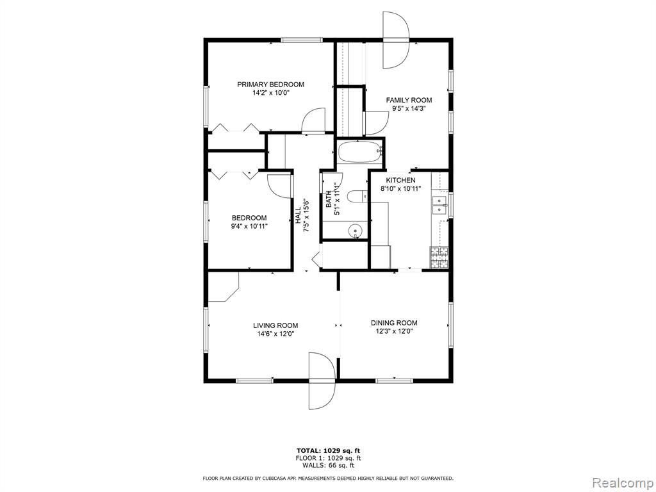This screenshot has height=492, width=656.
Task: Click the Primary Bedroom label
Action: click(271, 84)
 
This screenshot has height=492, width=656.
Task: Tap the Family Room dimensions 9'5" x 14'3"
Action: click(409, 108)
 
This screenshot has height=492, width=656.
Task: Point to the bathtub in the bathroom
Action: click(360, 152)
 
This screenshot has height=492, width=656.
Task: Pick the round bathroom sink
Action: click(355, 230)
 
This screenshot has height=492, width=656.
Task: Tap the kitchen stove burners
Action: click(439, 258)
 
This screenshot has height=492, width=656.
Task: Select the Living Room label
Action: click(275, 325)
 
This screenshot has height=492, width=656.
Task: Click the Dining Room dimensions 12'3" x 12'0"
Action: click(394, 331)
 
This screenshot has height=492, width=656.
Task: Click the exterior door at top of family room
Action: click(396, 40)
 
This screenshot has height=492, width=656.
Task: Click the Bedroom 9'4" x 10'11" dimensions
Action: click(249, 226)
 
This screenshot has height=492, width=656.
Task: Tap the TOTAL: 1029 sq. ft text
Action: click(328, 450)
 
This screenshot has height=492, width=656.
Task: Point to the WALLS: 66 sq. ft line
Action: click(328, 465)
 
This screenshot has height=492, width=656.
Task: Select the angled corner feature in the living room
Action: click(224, 287)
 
